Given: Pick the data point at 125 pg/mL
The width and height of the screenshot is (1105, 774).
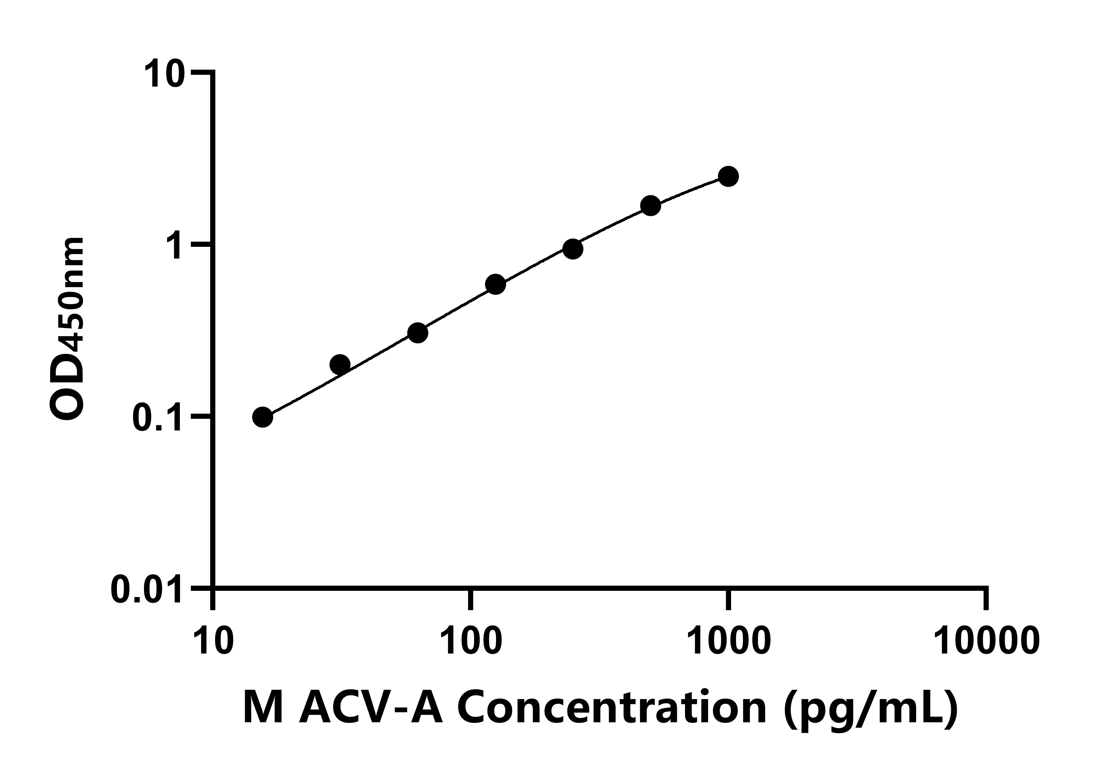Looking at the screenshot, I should click(x=495, y=285).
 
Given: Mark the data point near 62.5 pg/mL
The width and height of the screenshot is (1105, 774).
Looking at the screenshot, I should click(x=418, y=333).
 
